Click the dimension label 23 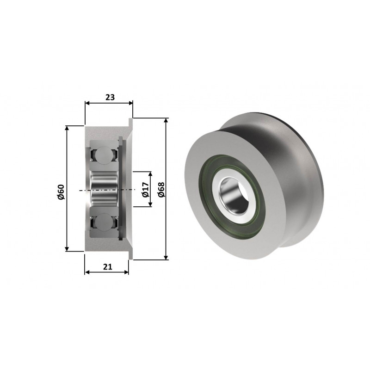(110, 97)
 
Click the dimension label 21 (108, 267)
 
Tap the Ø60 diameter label (61, 192)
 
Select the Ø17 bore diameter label (145, 190)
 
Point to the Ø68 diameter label (161, 190)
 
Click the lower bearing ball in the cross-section (104, 222)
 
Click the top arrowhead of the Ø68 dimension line (166, 120)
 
